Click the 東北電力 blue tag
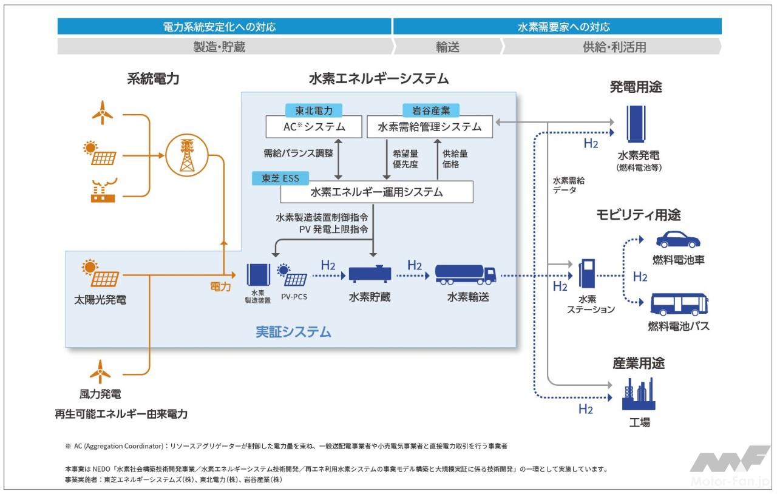[313, 110]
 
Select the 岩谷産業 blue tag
[431, 110]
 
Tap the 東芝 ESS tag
[280, 178]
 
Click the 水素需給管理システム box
[429, 127]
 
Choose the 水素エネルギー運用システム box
[376, 192]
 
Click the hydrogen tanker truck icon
[465, 274]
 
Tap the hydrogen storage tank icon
[370, 274]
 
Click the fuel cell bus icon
[679, 304]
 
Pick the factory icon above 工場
[639, 394]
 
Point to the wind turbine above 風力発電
[100, 371]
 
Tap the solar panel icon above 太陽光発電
[101, 274]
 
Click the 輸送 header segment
[447, 47]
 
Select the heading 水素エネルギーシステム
[379, 79]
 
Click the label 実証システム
[293, 332]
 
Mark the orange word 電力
[220, 285]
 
